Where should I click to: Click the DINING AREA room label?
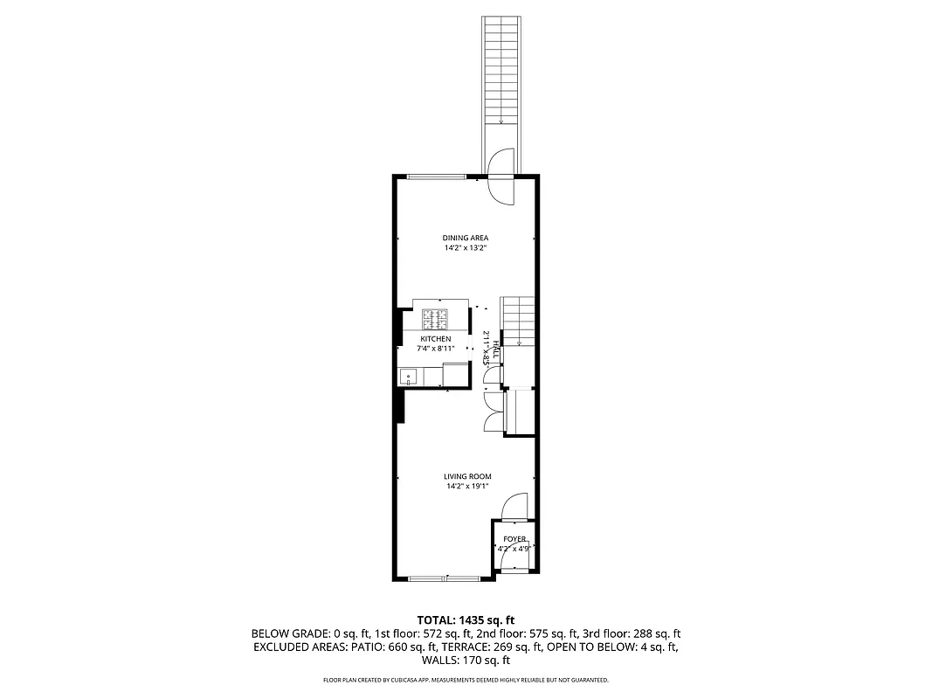[x=465, y=238]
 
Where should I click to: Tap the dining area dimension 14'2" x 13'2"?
[x=465, y=248]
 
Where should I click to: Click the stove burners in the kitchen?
[x=435, y=315]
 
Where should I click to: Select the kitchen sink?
[x=408, y=377]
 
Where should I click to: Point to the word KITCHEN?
[x=436, y=339]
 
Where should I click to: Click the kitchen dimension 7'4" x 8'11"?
[x=436, y=349]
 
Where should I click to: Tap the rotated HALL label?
[x=495, y=351]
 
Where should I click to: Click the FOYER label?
[x=514, y=539]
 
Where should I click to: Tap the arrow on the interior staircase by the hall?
[x=519, y=342]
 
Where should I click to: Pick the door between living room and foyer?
[x=514, y=507]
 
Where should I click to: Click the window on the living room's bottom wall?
[x=445, y=578]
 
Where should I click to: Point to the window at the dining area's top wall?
[x=435, y=177]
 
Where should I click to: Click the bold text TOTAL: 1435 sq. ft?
[x=466, y=619]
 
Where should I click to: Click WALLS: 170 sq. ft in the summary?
[x=466, y=661]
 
